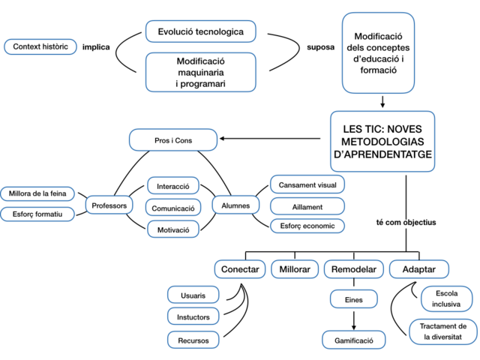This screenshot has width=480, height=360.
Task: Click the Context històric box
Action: point(40,46)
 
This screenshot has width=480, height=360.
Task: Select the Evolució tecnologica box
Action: point(200,31)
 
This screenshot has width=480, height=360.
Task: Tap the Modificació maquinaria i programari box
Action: point(200,71)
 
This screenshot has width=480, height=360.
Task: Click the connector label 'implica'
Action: point(96,47)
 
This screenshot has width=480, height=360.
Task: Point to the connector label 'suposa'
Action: point(320,47)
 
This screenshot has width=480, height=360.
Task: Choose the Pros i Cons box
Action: point(173,139)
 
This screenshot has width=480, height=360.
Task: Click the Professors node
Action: point(109,205)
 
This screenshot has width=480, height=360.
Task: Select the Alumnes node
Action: point(236,205)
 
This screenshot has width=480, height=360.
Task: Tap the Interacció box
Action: point(172,186)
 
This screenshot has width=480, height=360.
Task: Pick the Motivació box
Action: point(172,229)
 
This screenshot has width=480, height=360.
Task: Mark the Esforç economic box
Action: point(307,226)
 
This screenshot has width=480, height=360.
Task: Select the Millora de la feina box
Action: point(37,194)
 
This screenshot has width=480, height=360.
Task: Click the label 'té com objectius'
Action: point(406,223)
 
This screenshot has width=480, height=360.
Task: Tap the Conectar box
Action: point(240,269)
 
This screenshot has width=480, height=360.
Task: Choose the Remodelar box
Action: point(354,269)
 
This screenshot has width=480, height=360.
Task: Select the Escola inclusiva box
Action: point(446,298)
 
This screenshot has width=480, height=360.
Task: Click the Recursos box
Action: point(193,340)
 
